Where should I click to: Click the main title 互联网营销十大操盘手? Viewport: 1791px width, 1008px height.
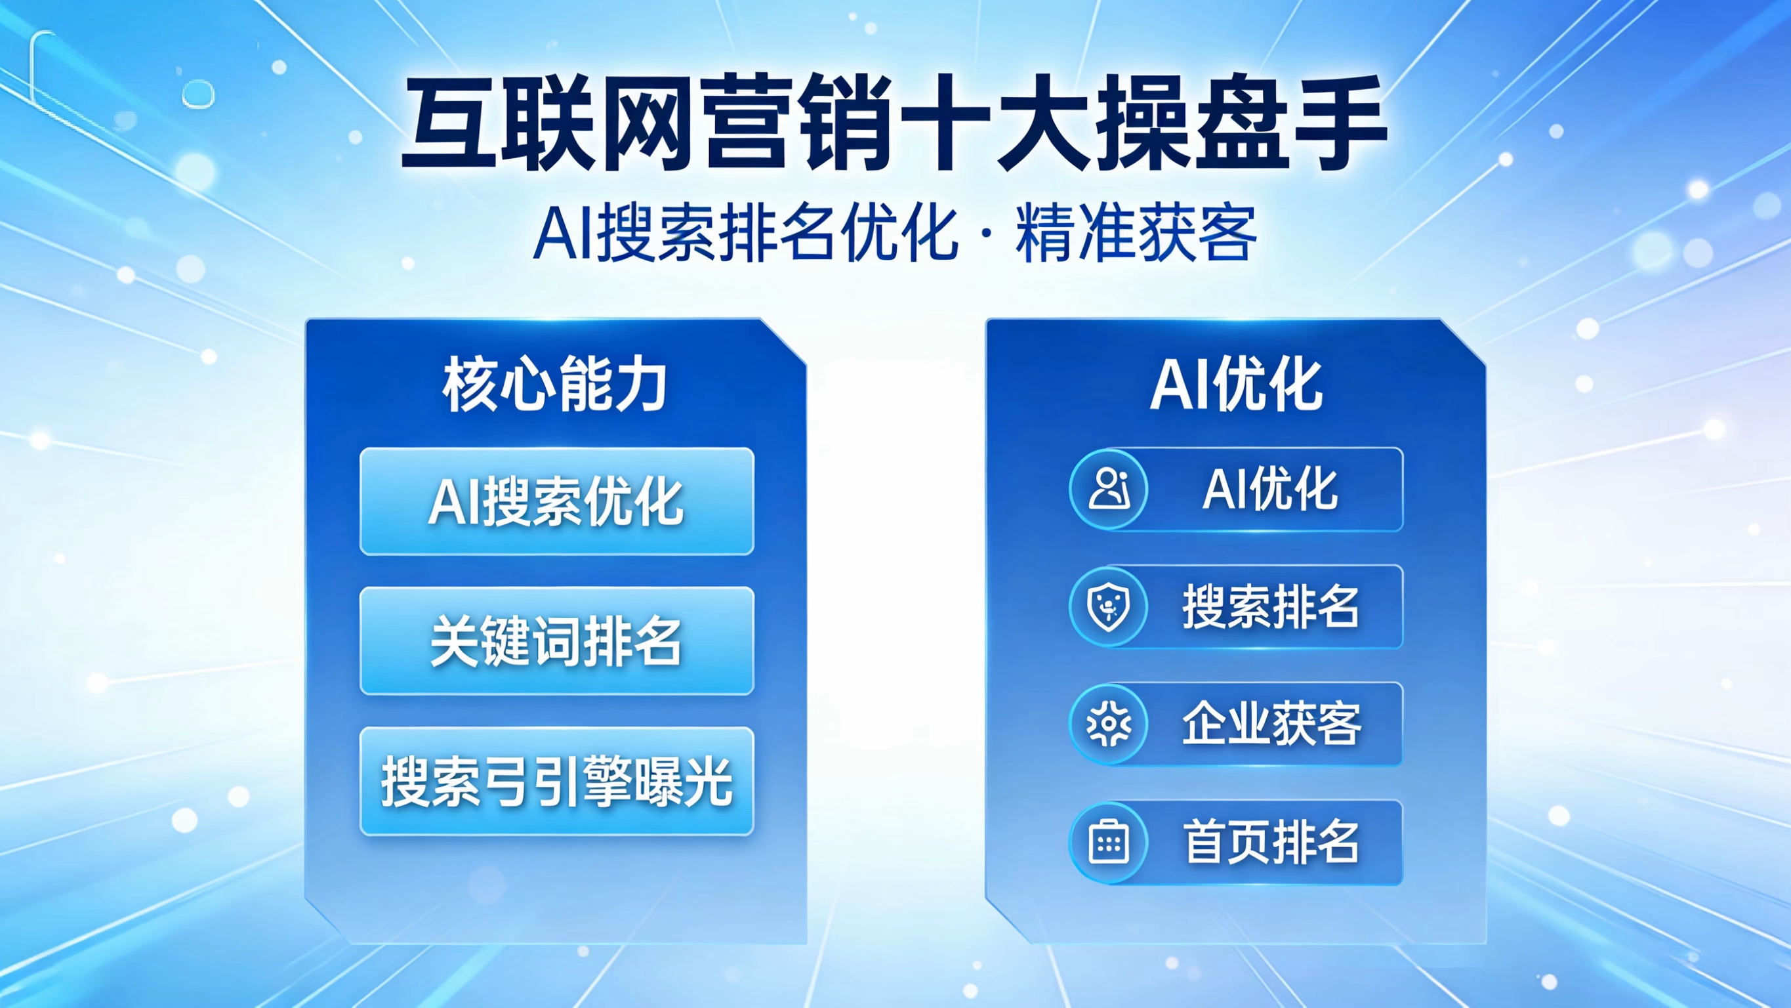point(894,124)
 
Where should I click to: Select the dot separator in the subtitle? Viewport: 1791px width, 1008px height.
point(987,234)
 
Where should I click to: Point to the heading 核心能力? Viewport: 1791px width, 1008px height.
point(555,384)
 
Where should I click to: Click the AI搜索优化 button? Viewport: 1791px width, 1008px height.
point(556,501)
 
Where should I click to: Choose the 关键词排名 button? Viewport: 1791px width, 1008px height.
point(556,640)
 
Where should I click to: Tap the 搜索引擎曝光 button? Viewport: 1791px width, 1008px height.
point(556,781)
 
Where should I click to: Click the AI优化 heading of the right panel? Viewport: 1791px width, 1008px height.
point(1236,384)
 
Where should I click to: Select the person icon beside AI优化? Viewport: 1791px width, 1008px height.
point(1108,490)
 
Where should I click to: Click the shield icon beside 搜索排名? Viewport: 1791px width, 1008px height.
point(1108,607)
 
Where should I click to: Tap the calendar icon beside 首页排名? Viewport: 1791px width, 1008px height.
point(1108,843)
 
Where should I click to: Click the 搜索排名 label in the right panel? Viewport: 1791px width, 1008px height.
point(1271,607)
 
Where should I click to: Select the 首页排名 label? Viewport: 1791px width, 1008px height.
point(1271,843)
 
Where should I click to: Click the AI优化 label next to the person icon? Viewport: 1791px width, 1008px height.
point(1269,490)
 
